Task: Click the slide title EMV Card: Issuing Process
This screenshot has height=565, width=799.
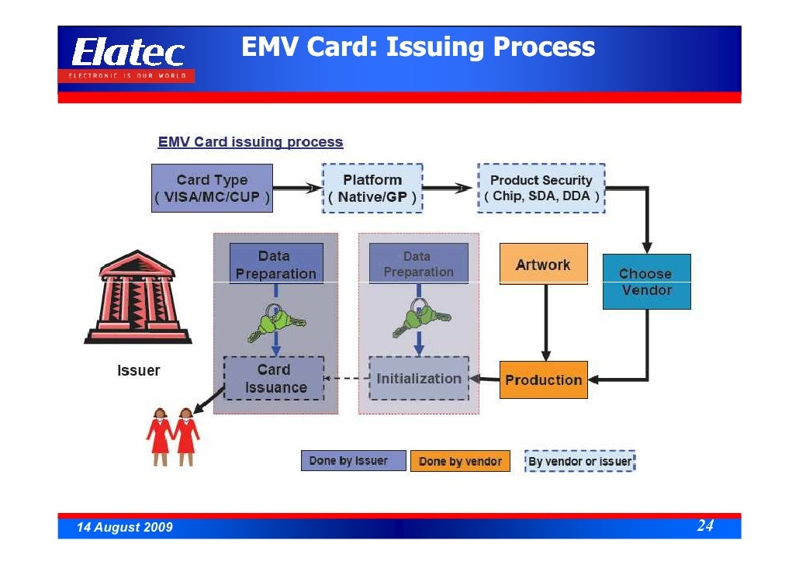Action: click(x=418, y=48)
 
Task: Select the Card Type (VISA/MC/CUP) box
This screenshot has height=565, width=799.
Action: click(x=212, y=188)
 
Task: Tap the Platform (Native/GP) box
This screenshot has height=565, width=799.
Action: click(x=372, y=188)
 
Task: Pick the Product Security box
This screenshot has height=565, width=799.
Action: click(x=541, y=188)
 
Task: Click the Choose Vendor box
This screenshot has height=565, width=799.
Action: click(x=646, y=282)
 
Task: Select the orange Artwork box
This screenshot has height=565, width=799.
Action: click(x=543, y=265)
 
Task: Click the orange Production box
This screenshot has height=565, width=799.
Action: click(x=543, y=380)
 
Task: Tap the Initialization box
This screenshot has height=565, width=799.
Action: click(x=419, y=379)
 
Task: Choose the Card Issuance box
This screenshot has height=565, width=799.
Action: click(x=275, y=379)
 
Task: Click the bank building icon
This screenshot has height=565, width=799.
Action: click(x=137, y=297)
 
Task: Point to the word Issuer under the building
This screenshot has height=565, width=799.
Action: click(x=138, y=370)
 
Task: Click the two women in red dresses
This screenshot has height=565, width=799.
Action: click(x=173, y=436)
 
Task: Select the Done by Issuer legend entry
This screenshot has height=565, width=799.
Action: click(x=353, y=461)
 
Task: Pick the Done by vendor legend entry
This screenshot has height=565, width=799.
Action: click(x=460, y=461)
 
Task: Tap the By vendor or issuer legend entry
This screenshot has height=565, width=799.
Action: click(x=580, y=461)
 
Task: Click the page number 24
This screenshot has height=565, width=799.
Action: click(x=704, y=526)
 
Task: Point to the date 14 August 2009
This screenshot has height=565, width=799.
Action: click(x=124, y=528)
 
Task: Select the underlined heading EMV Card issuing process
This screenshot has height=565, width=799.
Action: click(x=250, y=143)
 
